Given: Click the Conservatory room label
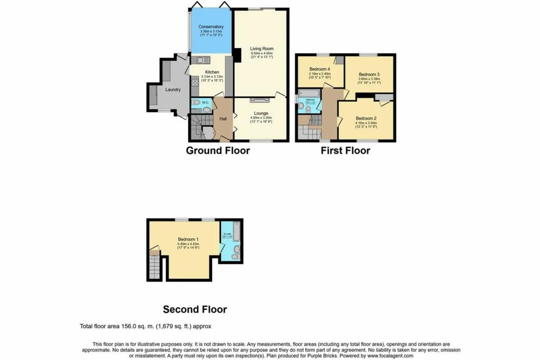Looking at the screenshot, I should click(211, 27).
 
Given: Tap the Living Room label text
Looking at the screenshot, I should click(261, 48).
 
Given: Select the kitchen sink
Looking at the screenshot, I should click(201, 59).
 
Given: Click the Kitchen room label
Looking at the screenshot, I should click(212, 72).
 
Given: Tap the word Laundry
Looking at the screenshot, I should click(173, 90).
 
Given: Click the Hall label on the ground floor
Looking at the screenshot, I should click(223, 119).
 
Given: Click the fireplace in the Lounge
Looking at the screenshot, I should click(261, 99).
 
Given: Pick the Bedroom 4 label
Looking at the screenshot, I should click(320, 69).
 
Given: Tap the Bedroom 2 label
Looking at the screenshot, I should click(365, 118).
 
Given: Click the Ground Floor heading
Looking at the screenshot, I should click(218, 151).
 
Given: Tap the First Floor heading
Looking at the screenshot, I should click(345, 151).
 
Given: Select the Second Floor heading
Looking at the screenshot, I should click(195, 309).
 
